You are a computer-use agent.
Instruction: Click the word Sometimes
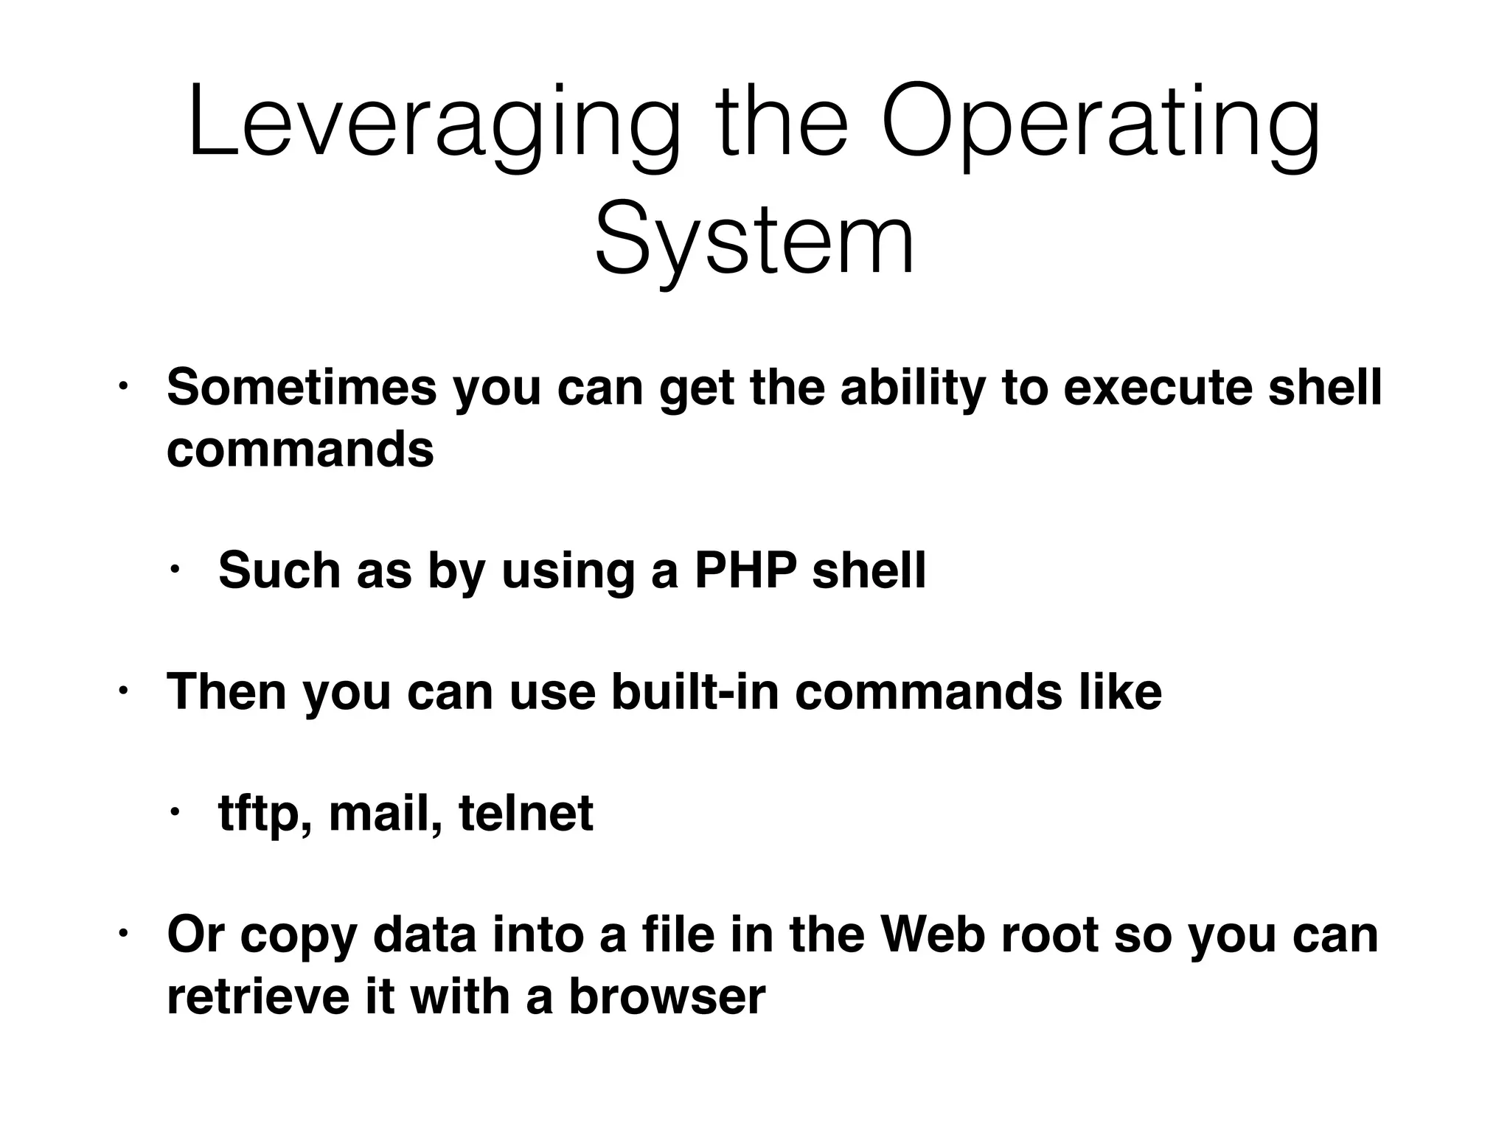tap(302, 388)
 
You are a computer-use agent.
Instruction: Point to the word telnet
tap(526, 813)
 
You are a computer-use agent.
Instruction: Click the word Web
tap(933, 934)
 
